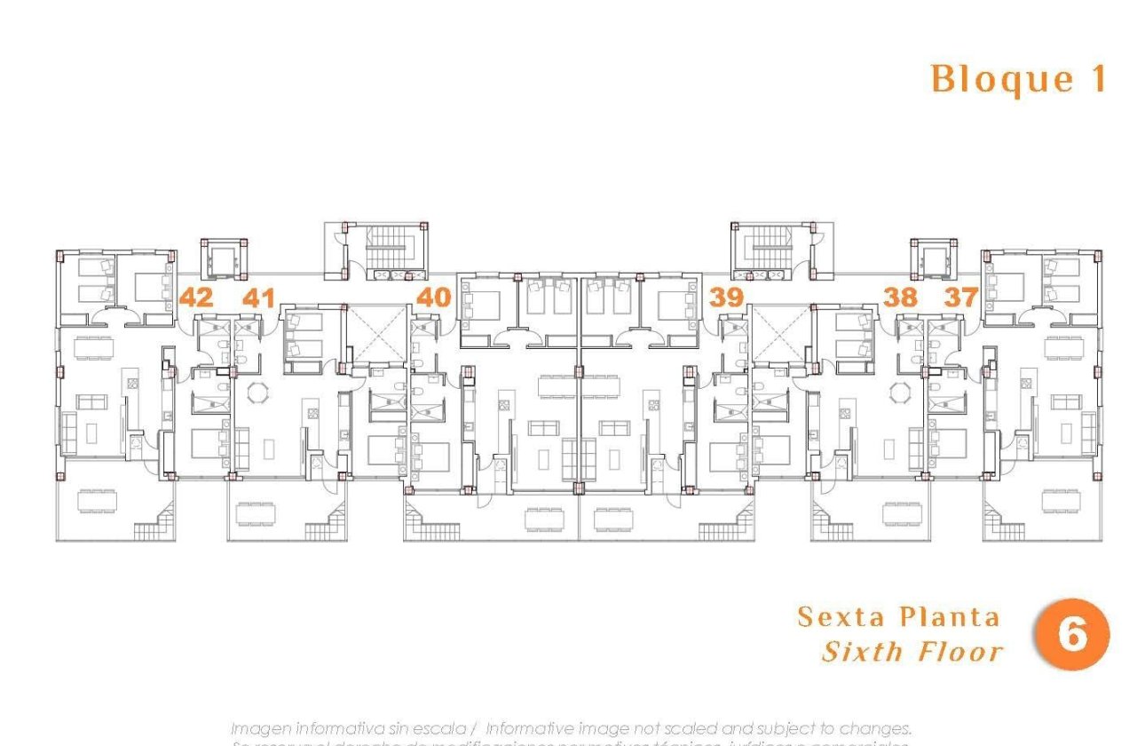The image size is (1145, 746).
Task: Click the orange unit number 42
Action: coord(196,297)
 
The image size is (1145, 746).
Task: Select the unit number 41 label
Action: coord(258,297)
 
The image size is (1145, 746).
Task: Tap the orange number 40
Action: coord(434,297)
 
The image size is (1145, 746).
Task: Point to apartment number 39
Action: coord(726,297)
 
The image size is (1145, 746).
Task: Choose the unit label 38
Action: coord(900,297)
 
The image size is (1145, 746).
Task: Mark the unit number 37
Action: coord(960,297)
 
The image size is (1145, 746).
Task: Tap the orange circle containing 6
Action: coord(1072,635)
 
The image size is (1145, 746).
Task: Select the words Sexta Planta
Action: coord(898,616)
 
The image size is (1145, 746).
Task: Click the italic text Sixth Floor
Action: coord(912,652)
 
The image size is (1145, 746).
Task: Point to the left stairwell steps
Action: coord(385,243)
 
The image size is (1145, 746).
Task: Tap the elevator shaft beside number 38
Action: coord(933,259)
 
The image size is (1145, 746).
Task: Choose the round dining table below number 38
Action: coord(899,392)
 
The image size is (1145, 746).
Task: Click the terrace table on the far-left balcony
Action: coord(96,502)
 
